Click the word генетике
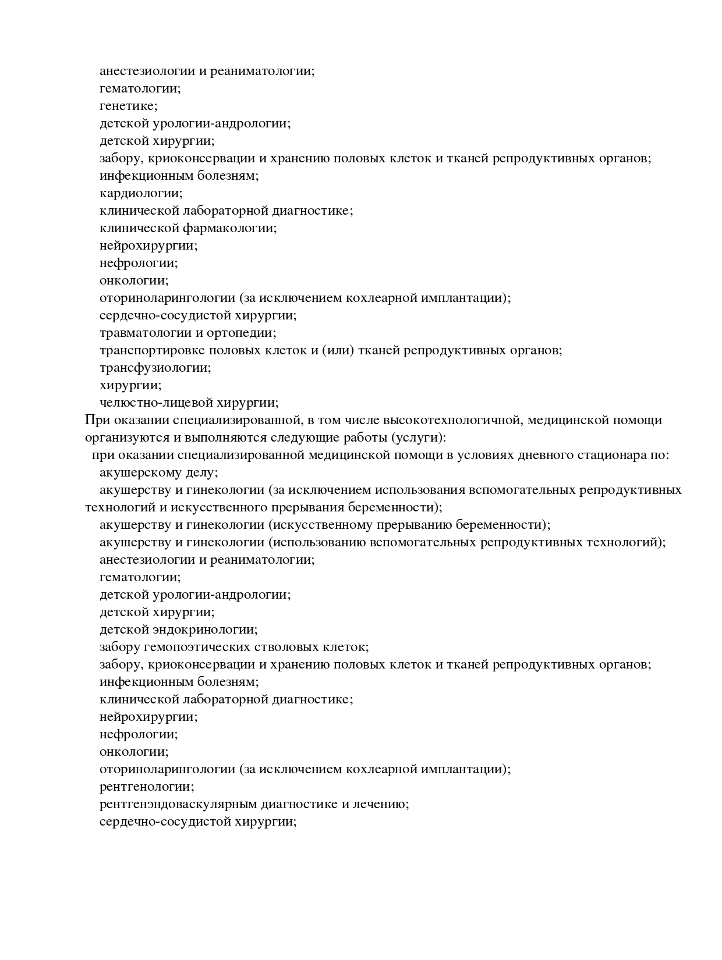(x=128, y=106)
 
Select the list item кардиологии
(x=141, y=193)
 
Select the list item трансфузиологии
(x=155, y=368)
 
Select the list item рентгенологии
(x=147, y=787)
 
